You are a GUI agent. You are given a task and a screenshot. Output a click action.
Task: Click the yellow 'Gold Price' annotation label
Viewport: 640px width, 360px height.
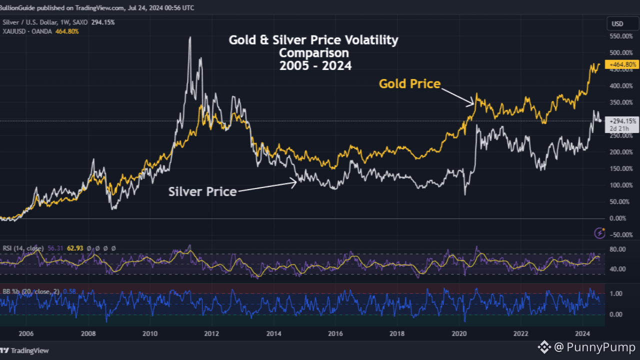(x=409, y=83)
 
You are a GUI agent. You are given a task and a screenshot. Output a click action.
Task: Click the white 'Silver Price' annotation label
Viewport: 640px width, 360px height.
(x=202, y=191)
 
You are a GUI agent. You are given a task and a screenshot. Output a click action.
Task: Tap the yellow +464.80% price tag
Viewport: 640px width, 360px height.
(x=621, y=64)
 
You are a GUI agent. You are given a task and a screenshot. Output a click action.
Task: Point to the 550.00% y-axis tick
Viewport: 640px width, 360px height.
(x=619, y=36)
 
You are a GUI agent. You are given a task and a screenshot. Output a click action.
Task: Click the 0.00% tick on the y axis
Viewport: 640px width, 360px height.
(x=618, y=218)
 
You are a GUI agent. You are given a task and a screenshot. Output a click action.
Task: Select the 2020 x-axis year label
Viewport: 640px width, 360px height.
(x=459, y=333)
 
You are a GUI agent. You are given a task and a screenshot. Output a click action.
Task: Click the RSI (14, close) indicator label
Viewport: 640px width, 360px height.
(x=22, y=248)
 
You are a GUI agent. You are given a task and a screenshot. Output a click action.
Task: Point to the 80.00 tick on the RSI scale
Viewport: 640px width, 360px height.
(x=618, y=249)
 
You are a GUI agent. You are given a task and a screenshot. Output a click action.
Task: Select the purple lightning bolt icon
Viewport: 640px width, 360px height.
(x=599, y=233)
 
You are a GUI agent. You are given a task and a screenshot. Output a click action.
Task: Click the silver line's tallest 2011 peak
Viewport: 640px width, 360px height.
(x=189, y=37)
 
